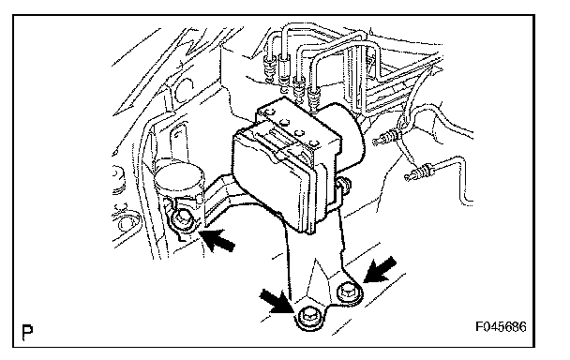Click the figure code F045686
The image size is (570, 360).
coord(501,327)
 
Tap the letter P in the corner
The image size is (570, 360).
coord(27,332)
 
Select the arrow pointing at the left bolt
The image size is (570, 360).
coord(217,239)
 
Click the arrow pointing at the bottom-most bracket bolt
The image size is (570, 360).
coord(277,301)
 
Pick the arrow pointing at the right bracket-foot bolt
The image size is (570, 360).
coord(381,269)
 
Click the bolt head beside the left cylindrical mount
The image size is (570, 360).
coord(181,220)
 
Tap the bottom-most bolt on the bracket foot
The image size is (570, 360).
coord(309,318)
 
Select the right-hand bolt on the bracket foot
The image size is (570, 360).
coord(349,292)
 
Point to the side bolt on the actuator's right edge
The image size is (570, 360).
coord(344,184)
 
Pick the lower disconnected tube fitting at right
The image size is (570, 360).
coord(418,172)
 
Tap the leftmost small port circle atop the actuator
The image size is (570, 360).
coord(270,112)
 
